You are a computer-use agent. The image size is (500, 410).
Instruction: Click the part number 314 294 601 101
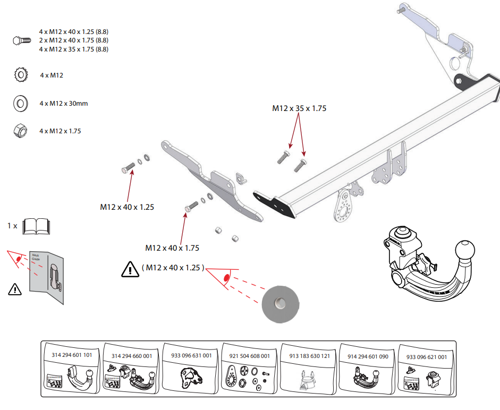pos(72,355)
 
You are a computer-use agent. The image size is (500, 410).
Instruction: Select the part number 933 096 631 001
pos(191,355)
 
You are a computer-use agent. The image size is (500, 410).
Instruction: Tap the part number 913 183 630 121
pos(309,356)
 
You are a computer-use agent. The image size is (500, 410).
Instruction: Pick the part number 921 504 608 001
pos(250,356)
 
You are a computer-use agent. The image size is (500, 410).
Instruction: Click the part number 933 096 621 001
pos(426,357)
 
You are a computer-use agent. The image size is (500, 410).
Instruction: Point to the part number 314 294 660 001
pos(132,355)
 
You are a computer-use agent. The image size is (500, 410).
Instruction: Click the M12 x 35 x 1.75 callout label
pos(299,108)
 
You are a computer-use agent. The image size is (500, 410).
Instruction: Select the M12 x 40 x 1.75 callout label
pos(172,247)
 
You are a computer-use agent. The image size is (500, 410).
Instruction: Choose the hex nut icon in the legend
pos(20,131)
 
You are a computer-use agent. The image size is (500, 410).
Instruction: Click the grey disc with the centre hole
pos(280,304)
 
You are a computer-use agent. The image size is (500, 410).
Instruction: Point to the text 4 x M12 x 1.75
pos(60,131)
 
